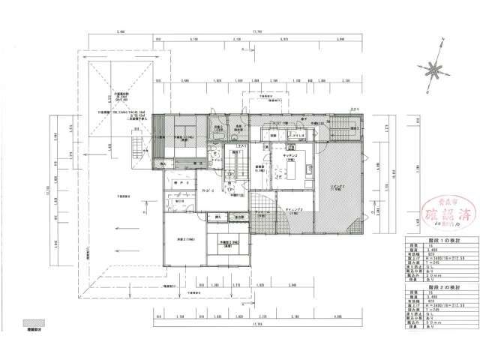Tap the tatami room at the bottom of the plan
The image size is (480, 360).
coord(223,247)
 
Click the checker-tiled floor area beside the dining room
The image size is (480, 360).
coord(262,207)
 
